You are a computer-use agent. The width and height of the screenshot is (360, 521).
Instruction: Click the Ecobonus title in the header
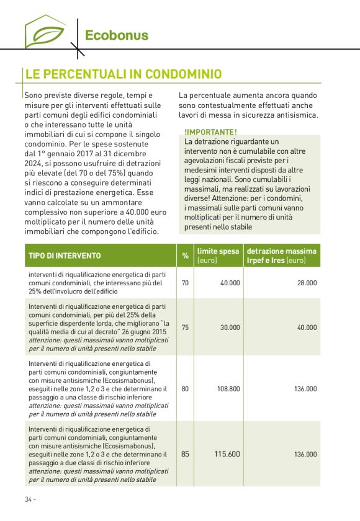point(117,35)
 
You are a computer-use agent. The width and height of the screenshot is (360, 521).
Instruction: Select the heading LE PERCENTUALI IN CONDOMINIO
point(123,74)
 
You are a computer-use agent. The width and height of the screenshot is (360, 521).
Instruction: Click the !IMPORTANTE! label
point(210,132)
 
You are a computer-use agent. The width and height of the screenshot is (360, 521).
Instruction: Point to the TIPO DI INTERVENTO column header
point(65,256)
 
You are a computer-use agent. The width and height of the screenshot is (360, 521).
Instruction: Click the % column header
point(185,256)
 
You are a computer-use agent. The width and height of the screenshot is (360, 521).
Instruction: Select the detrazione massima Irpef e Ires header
point(282,256)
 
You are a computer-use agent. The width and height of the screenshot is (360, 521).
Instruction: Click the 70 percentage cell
point(185,282)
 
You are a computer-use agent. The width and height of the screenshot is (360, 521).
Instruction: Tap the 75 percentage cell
point(185,327)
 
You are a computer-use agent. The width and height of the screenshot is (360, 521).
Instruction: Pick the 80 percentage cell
point(185,389)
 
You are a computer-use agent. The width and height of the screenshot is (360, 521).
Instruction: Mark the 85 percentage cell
point(185,454)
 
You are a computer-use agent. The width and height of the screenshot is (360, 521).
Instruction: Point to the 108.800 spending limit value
point(228,389)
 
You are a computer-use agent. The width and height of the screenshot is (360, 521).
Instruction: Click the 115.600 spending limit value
point(227,454)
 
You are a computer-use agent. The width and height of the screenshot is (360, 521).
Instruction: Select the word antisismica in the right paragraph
point(296,115)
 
